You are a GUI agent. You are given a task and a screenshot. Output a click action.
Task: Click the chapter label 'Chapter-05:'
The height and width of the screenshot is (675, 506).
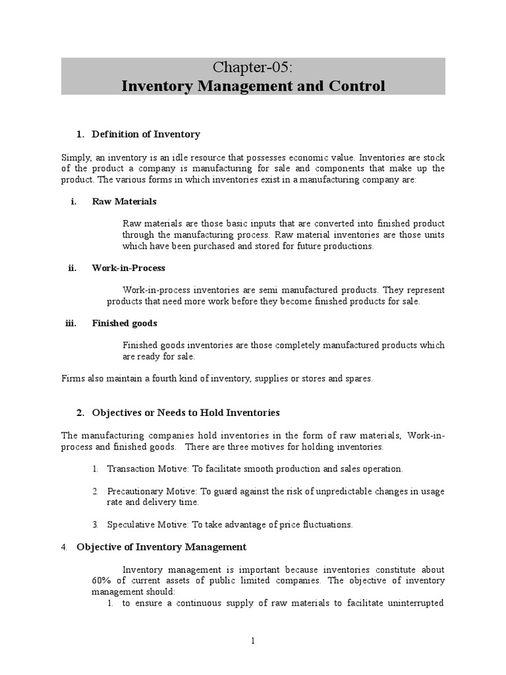[253, 67]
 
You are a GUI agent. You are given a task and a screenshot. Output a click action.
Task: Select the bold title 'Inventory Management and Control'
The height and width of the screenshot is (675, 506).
[253, 86]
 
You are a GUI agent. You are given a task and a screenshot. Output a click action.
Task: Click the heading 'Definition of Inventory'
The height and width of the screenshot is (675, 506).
[146, 134]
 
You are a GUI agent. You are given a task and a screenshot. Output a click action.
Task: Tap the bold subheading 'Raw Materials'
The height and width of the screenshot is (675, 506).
[124, 201]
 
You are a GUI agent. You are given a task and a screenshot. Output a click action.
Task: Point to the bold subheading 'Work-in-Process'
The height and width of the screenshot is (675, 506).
[128, 268]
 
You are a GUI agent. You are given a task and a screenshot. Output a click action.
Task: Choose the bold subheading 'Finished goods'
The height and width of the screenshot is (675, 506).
[125, 323]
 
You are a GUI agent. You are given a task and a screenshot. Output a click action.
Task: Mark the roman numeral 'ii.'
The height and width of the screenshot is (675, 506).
[72, 268]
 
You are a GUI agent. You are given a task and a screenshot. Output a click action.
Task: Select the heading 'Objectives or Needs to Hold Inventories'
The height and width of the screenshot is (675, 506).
[186, 413]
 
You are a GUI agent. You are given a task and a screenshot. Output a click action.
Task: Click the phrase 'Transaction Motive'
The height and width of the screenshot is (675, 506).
[146, 469]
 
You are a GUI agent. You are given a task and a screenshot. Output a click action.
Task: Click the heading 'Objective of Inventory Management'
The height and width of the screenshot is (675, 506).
[161, 547]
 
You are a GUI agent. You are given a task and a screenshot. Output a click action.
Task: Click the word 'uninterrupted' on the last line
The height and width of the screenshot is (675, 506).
[418, 603]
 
